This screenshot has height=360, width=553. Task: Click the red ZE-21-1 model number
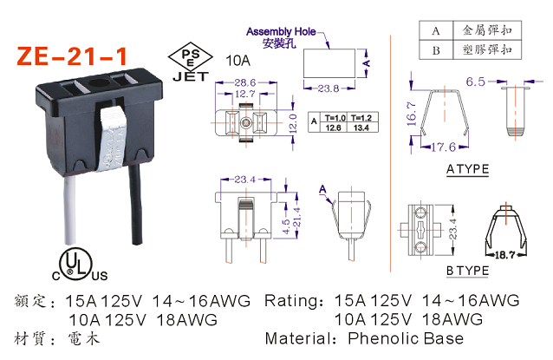[74, 56]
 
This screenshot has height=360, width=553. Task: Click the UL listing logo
[79, 265]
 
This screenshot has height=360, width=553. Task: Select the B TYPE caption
[467, 272]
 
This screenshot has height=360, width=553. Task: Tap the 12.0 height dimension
[293, 122]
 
